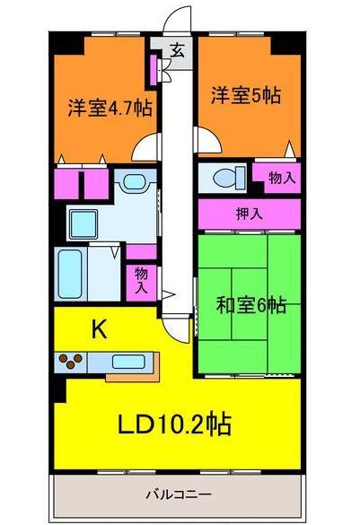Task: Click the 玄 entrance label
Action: click(x=178, y=51)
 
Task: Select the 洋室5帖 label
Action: click(x=245, y=95)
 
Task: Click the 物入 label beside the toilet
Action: click(x=282, y=178)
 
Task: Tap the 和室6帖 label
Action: click(x=251, y=306)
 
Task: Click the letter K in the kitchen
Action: click(x=100, y=329)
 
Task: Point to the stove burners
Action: click(x=70, y=363)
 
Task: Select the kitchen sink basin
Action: click(x=124, y=363)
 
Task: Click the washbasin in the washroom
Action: click(x=136, y=183)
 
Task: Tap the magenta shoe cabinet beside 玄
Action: click(x=156, y=68)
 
